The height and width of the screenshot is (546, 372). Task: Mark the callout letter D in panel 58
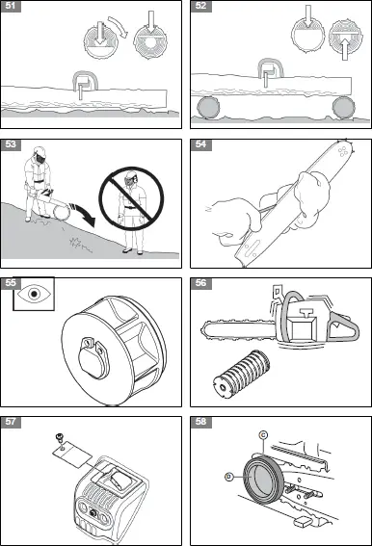pyautogui.click(x=228, y=475)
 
